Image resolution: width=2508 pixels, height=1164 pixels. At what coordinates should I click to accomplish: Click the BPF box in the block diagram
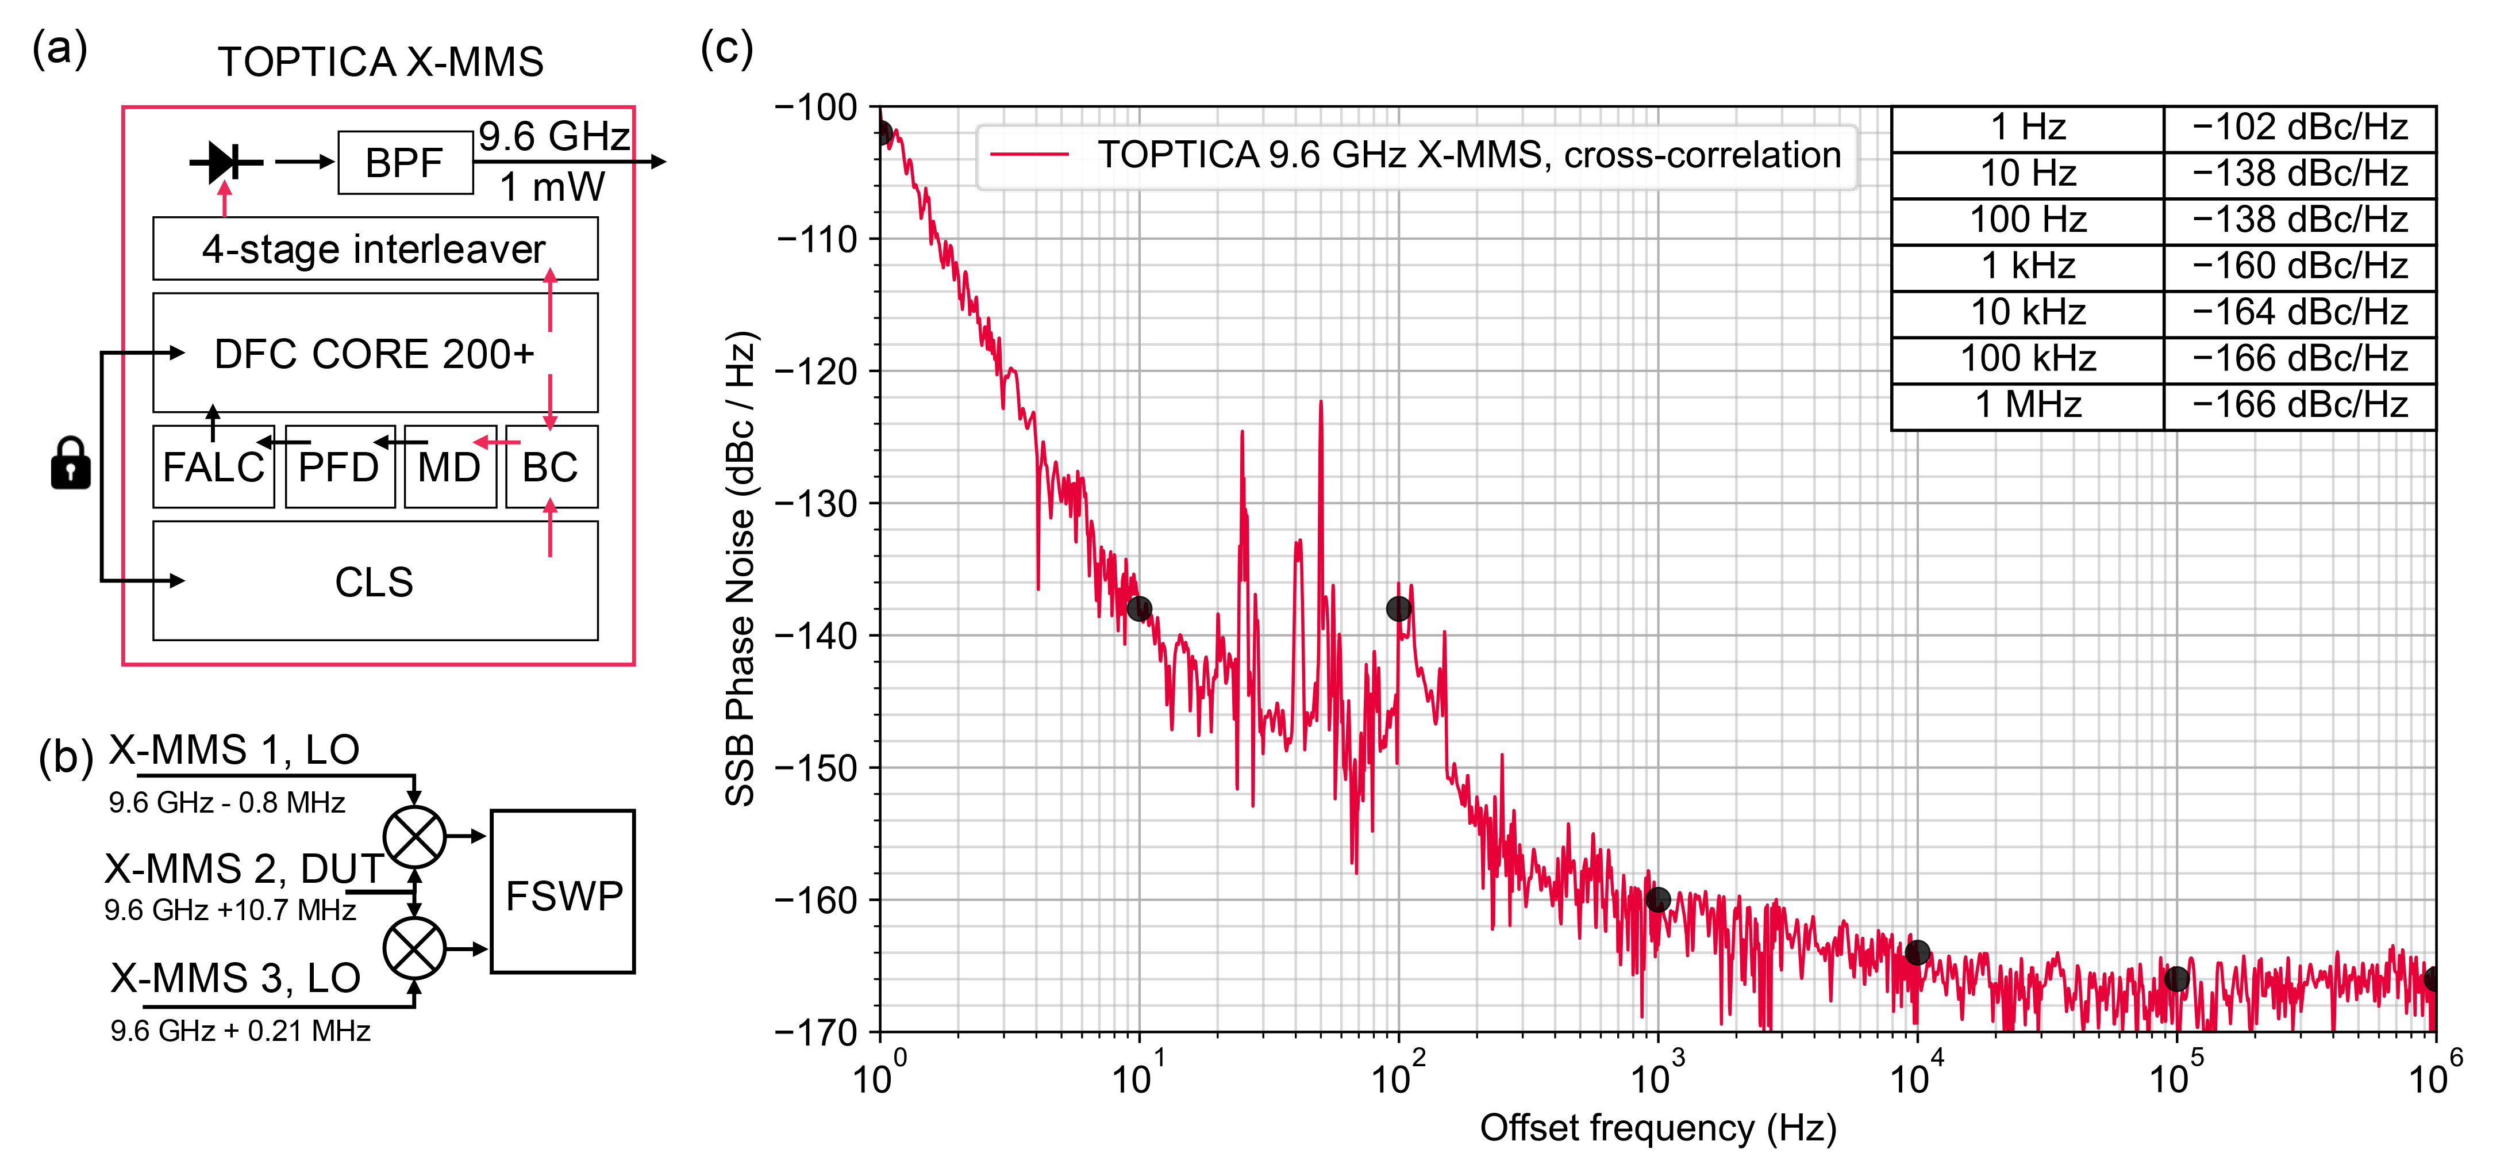(x=405, y=163)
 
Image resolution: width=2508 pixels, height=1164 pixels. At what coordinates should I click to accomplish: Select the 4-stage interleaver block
(x=375, y=250)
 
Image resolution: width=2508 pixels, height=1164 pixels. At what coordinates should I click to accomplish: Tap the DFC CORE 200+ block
(x=375, y=354)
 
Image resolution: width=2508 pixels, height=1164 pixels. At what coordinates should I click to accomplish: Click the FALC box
(x=213, y=468)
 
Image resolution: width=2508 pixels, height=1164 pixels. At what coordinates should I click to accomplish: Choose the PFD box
(x=339, y=468)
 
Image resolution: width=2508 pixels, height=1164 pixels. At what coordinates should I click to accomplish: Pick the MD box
(x=450, y=468)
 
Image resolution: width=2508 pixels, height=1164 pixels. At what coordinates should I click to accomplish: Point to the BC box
(x=551, y=468)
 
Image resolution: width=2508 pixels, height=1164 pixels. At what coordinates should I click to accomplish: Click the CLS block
(x=375, y=581)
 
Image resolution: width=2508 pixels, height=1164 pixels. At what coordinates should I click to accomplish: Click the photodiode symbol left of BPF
(x=225, y=162)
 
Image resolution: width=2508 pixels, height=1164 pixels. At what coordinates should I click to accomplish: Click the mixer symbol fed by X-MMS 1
(x=415, y=836)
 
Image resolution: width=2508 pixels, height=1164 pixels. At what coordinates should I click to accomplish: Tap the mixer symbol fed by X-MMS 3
(x=415, y=948)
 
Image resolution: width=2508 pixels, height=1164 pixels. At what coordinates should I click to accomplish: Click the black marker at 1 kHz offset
(x=1658, y=899)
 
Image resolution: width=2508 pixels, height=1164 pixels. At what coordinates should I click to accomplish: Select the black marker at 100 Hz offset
(x=1398, y=609)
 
